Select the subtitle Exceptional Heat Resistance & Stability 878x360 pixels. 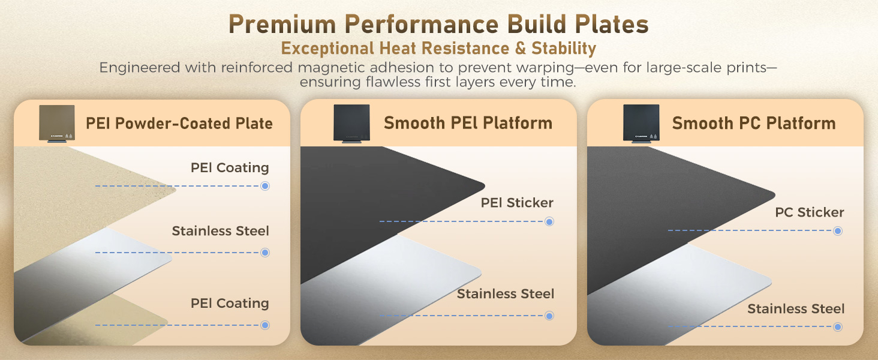coord(438,48)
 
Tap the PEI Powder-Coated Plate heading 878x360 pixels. coord(179,124)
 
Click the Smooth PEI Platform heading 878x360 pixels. coord(468,123)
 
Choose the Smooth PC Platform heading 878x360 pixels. coord(754,123)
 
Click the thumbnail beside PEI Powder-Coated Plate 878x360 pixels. coord(57,124)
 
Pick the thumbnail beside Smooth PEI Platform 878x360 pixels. coord(351,124)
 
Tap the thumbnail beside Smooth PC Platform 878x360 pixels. coord(641,124)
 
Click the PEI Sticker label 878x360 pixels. coord(517,203)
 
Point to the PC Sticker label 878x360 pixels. coord(809,212)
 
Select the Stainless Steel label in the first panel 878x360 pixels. coord(220,231)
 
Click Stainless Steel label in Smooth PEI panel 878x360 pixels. coord(506,294)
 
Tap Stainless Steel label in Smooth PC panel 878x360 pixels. coord(796,309)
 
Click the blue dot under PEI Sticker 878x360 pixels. coord(549,222)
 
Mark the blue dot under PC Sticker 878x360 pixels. coord(838,231)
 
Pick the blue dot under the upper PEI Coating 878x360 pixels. coord(265,186)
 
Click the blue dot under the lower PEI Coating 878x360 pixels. coord(265,325)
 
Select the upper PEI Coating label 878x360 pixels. coord(230,167)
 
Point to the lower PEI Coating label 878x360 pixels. coord(230,304)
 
